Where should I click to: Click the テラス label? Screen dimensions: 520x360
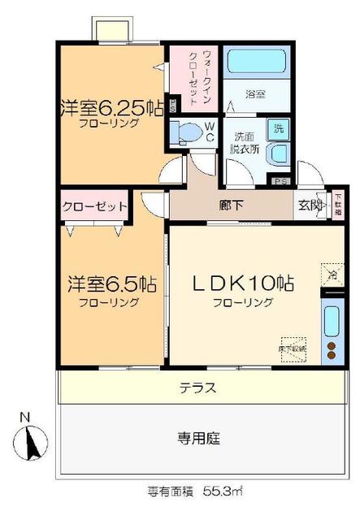click(x=197, y=387)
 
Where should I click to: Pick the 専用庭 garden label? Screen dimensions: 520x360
click(x=197, y=439)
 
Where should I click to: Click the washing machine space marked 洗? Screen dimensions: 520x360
click(x=279, y=128)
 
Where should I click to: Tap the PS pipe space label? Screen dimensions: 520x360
click(x=282, y=182)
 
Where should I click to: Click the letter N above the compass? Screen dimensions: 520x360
click(x=24, y=418)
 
